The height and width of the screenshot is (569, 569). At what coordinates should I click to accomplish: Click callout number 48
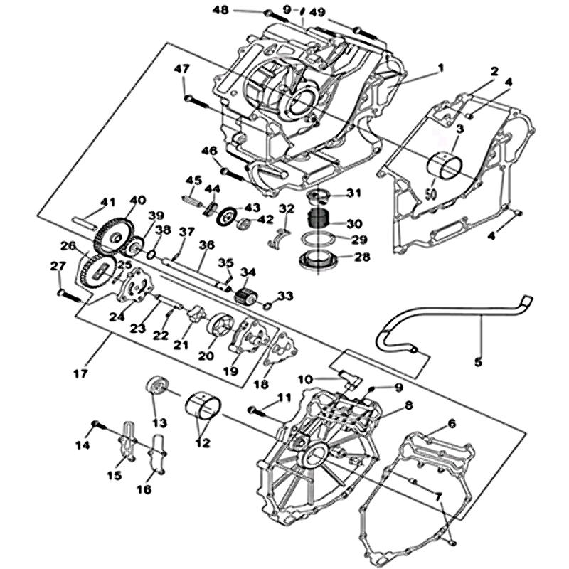(220, 10)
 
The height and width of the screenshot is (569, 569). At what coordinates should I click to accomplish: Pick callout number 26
(68, 246)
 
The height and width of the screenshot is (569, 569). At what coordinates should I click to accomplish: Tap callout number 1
(440, 68)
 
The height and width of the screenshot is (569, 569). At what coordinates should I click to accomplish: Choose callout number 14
(83, 445)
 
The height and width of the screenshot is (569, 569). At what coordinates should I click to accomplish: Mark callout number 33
(285, 295)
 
